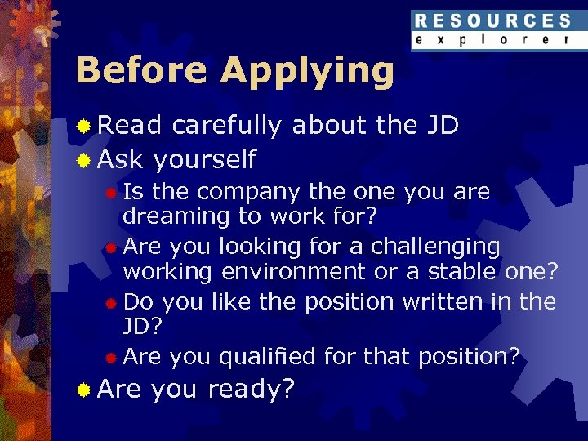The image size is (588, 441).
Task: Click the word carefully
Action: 226,127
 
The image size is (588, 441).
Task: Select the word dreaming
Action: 164,216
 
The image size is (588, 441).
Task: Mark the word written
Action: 443,302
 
